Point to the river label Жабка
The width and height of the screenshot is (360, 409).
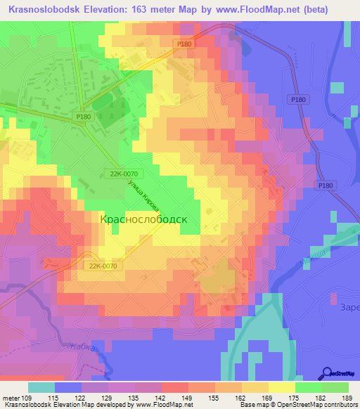pos(81,345)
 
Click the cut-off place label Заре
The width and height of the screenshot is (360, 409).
pos(349,308)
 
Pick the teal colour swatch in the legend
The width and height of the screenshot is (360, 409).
pos(41,387)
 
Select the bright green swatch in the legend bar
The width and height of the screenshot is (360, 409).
pos(335,387)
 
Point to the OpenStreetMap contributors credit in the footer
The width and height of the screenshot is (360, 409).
pos(316,405)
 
